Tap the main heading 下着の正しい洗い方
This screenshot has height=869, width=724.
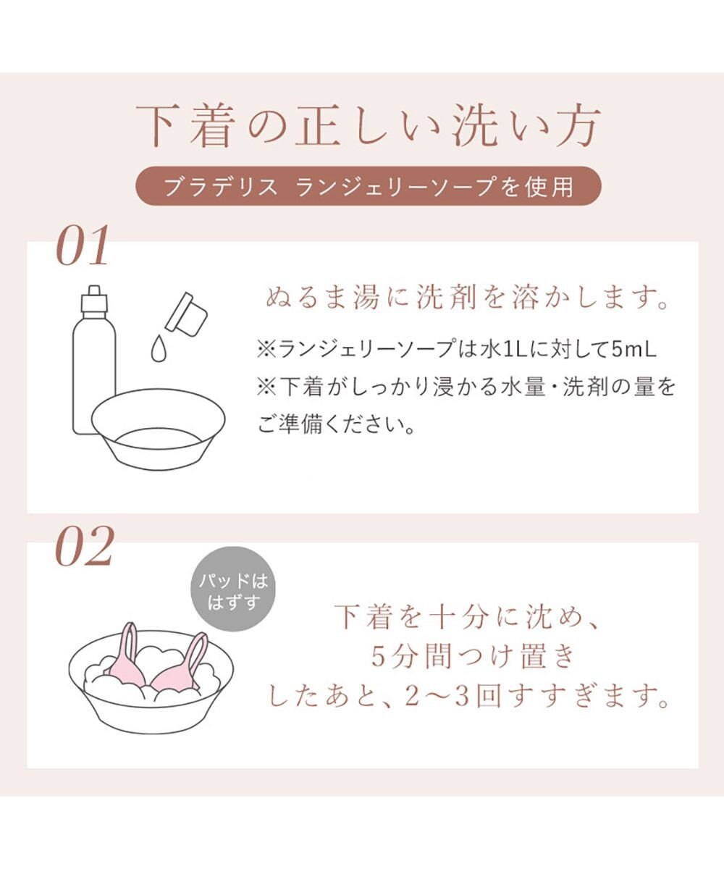click(x=369, y=126)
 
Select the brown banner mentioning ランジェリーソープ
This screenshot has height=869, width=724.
click(x=369, y=186)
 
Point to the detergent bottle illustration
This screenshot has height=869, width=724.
click(x=93, y=362)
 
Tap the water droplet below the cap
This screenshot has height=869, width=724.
click(x=158, y=349)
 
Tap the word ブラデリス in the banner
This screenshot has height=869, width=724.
click(x=220, y=186)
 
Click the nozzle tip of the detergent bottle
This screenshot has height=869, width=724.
click(x=93, y=290)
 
